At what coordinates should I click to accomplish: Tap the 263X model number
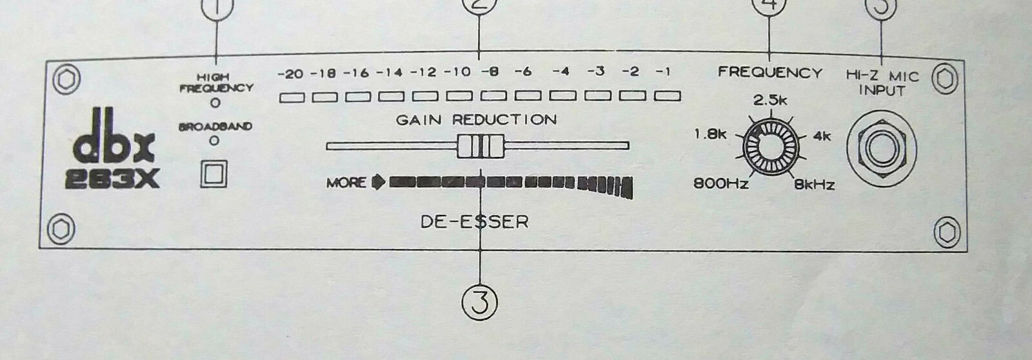112,179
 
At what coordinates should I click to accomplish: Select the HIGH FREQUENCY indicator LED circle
215,103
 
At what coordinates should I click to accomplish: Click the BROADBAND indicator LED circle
213,141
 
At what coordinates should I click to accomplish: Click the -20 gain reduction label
291,74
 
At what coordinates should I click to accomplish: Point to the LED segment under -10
459,96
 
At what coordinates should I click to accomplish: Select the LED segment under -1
668,96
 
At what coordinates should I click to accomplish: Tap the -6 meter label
523,72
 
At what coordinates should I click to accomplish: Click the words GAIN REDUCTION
477,120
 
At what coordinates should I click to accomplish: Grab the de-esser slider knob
481,146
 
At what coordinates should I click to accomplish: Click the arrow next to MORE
378,183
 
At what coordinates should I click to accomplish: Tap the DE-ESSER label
475,222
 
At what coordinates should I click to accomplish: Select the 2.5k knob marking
770,101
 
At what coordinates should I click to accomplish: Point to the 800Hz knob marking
721,184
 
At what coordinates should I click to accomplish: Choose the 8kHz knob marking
815,185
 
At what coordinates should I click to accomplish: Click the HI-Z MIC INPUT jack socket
882,148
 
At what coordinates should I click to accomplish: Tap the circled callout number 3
480,303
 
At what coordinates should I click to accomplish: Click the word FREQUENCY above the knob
770,73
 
